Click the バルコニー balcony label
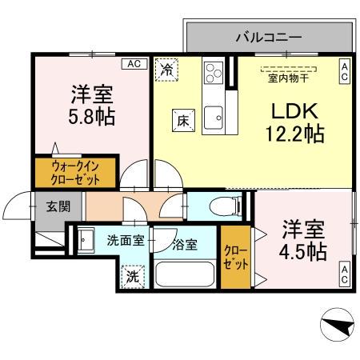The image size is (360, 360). click(268, 37)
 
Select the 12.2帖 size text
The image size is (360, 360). click(294, 134)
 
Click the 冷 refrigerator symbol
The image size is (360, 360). click(167, 70)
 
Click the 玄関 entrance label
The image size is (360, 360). click(57, 206)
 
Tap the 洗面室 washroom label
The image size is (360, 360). click(125, 240)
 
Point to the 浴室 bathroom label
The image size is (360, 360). click(185, 245)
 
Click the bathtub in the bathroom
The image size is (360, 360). click(186, 274)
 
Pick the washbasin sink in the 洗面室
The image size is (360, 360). click(86, 238)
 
